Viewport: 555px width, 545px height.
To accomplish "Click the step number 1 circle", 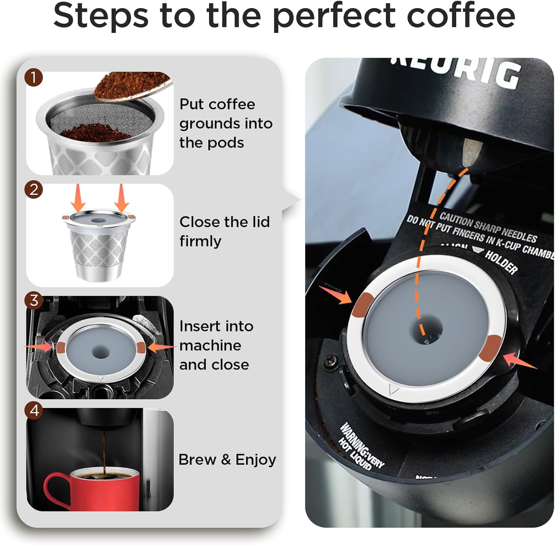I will pyautogui.click(x=34, y=78).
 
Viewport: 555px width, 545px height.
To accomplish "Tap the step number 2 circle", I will pyautogui.click(x=34, y=190).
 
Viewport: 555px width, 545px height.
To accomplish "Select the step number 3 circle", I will pyautogui.click(x=34, y=300).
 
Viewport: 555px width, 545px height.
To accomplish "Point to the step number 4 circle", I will pyautogui.click(x=34, y=410).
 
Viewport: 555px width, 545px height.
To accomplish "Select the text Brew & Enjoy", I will pyautogui.click(x=227, y=460).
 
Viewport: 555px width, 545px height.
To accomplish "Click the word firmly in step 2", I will pyautogui.click(x=200, y=241).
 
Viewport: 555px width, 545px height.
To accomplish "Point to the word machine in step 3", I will pyautogui.click(x=210, y=346).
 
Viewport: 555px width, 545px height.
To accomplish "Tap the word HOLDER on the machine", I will pyautogui.click(x=501, y=262).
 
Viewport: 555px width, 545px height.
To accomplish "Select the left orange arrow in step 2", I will pyautogui.click(x=78, y=198).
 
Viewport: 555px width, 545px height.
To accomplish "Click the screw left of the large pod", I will pyautogui.click(x=330, y=359).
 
